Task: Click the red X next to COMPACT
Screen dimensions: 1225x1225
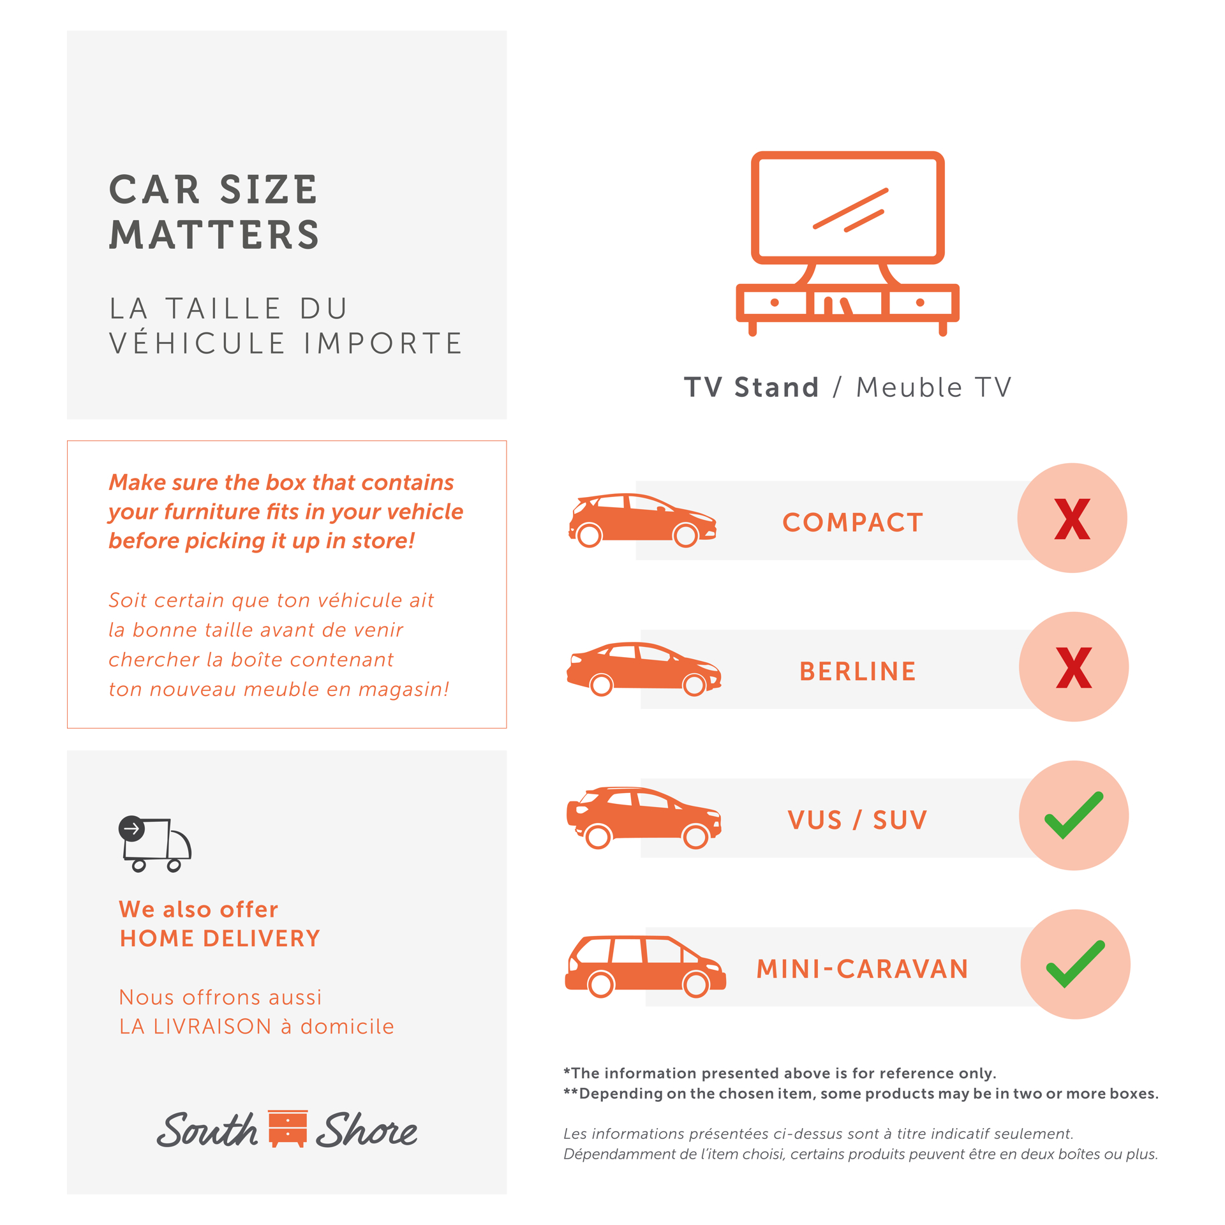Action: point(1072,519)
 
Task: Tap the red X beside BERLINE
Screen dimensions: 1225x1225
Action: point(1074,667)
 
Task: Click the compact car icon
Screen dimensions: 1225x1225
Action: point(642,520)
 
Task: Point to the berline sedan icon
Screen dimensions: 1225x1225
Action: point(644,669)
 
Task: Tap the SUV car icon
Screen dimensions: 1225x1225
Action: point(644,818)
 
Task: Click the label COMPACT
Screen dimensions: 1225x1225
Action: point(852,523)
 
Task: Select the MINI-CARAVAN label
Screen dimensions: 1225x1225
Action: point(862,969)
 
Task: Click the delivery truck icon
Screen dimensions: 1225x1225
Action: point(155,843)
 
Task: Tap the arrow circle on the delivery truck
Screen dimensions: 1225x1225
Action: point(131,829)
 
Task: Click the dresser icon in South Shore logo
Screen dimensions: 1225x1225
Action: point(288,1129)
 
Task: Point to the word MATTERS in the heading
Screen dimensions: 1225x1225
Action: point(214,235)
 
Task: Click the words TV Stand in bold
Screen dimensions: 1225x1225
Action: point(751,387)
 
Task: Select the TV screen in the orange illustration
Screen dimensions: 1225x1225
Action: point(847,207)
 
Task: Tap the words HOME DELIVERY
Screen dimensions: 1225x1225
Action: point(220,939)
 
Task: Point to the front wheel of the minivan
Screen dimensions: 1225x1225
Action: point(695,984)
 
